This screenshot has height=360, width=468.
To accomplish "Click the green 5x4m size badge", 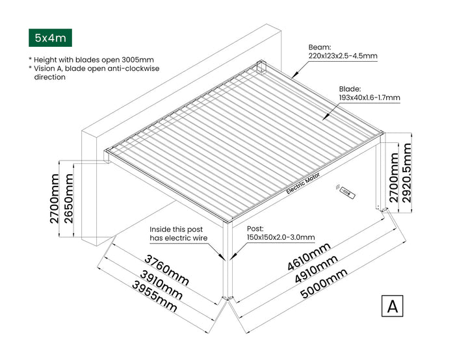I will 51,38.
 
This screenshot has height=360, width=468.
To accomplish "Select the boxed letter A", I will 392,306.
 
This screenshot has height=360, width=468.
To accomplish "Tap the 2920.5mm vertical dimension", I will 407,172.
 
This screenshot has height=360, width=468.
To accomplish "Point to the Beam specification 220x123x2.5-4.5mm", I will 343,52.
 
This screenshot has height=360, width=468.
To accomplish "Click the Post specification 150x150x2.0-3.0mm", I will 280,233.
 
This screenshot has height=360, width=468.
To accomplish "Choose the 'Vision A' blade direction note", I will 94,72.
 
